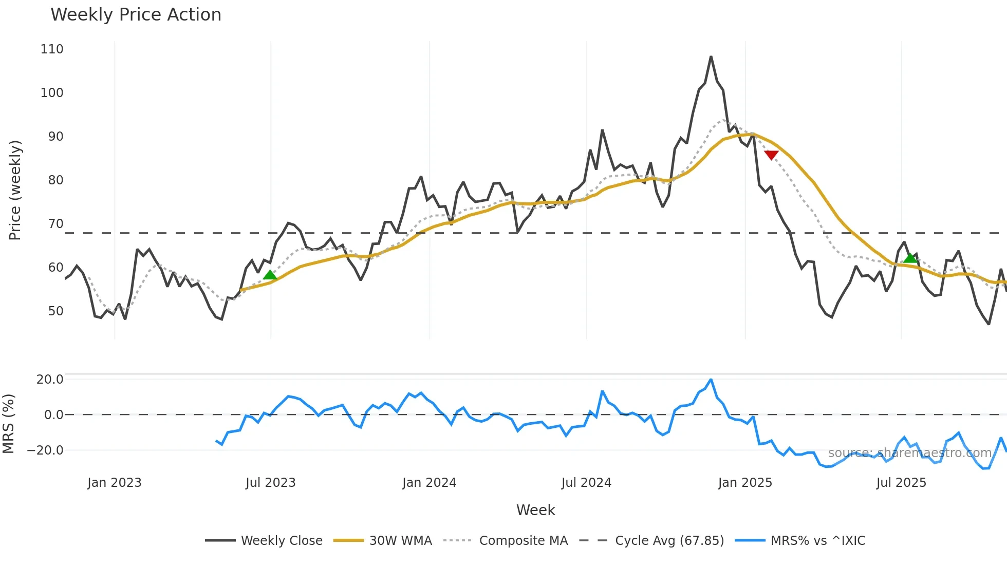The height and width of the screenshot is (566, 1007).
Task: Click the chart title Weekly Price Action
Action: pyautogui.click(x=136, y=15)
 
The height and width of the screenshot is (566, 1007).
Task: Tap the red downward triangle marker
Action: pyautogui.click(x=771, y=155)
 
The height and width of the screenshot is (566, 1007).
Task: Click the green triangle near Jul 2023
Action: pyautogui.click(x=270, y=275)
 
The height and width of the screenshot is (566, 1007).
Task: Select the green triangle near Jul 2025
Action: pyautogui.click(x=910, y=258)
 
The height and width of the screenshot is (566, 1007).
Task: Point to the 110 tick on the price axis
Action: pyautogui.click(x=52, y=49)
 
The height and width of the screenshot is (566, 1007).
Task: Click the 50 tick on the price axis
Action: pyautogui.click(x=55, y=311)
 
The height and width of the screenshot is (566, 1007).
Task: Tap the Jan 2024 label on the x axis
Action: pyautogui.click(x=429, y=483)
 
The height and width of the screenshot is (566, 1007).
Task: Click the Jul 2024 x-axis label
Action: pyautogui.click(x=586, y=483)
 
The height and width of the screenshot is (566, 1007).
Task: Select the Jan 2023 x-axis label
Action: pyautogui.click(x=114, y=483)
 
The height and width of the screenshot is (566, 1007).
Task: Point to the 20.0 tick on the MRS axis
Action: pyautogui.click(x=50, y=380)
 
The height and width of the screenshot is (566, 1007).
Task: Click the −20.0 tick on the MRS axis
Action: pyautogui.click(x=45, y=450)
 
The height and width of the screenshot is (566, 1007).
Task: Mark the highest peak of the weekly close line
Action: pyautogui.click(x=711, y=56)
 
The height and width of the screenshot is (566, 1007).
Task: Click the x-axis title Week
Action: pyautogui.click(x=535, y=510)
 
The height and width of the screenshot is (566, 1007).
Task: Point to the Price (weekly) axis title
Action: pyautogui.click(x=15, y=190)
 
